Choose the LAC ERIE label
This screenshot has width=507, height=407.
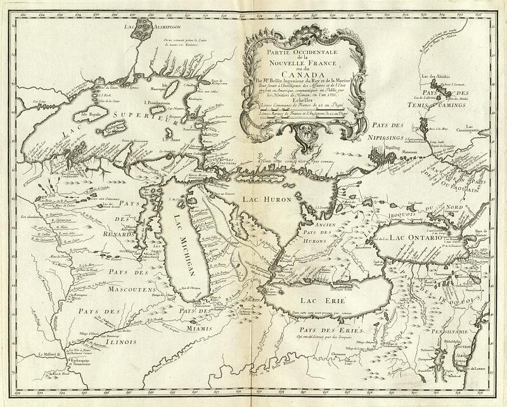pos(309,299)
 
